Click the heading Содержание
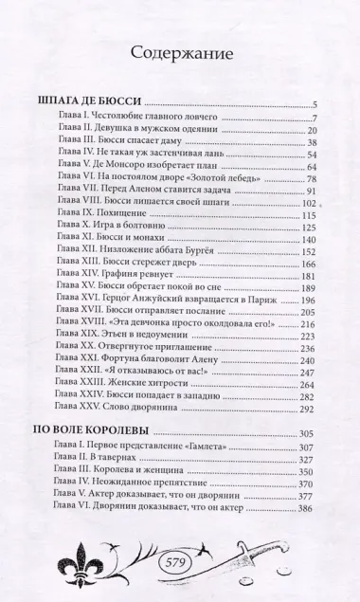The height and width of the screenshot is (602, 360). pos(181,55)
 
